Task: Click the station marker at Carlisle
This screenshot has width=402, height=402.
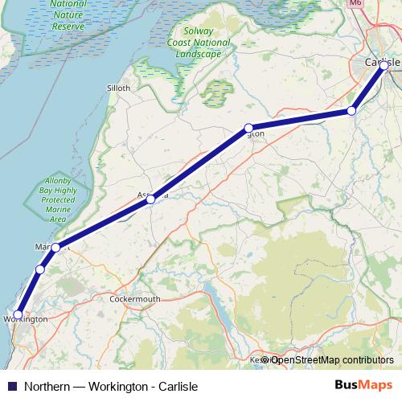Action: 384,66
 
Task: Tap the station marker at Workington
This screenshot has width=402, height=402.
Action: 18,315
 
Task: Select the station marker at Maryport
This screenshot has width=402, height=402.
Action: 55,248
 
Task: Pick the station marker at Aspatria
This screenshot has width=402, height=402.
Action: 150,199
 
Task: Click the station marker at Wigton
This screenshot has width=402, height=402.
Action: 249,128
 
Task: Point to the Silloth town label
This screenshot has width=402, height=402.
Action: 118,88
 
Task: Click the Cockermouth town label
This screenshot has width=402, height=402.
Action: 134,298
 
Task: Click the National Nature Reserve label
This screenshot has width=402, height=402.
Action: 68,14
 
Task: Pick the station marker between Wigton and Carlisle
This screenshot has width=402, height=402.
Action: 351,111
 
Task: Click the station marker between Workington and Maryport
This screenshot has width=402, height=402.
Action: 39,269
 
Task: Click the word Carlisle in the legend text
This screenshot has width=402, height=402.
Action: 177,386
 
